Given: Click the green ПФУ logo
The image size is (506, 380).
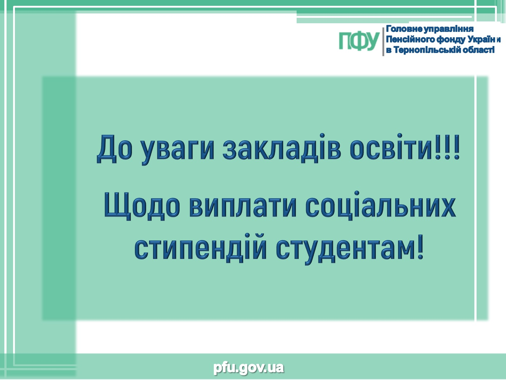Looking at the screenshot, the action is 359,41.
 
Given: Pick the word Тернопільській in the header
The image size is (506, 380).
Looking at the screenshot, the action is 427,50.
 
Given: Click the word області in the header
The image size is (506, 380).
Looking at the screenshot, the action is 478,50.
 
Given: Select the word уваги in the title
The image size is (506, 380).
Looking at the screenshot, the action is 178,151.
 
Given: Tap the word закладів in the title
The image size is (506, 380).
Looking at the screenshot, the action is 282,149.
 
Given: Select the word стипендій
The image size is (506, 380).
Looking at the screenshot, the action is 200,249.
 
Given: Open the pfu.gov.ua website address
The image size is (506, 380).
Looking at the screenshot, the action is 249,368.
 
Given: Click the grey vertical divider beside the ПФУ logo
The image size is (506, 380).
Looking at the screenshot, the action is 383,42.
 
